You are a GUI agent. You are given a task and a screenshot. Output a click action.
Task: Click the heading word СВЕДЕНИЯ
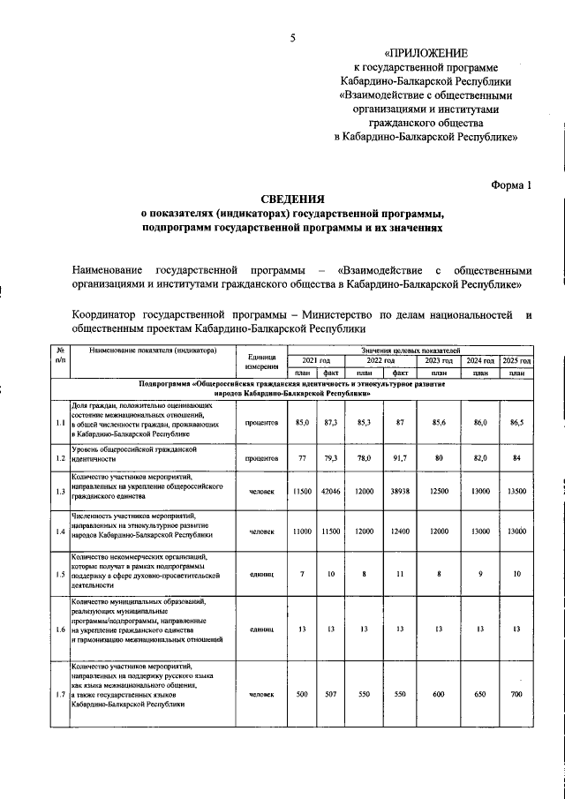(292, 200)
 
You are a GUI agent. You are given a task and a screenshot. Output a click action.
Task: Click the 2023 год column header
(438, 361)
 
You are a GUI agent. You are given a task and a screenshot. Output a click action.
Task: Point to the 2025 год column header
(516, 361)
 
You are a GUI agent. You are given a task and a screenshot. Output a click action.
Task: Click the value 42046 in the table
(332, 492)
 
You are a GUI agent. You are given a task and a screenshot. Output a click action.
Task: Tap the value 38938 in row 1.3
(399, 492)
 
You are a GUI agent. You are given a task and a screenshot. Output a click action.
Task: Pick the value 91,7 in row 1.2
(399, 459)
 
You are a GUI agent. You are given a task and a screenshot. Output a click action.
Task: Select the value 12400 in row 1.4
(399, 532)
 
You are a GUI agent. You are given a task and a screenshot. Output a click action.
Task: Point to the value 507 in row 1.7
(332, 695)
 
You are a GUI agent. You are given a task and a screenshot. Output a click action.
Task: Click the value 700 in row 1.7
(516, 695)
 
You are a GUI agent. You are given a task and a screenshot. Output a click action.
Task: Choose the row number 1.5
(60, 576)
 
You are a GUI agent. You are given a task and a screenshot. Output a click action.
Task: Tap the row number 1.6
(60, 629)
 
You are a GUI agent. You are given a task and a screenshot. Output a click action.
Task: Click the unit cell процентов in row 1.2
(262, 459)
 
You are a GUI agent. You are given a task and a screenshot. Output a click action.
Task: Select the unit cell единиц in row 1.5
(262, 576)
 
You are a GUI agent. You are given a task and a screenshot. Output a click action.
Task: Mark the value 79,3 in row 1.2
(332, 459)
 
